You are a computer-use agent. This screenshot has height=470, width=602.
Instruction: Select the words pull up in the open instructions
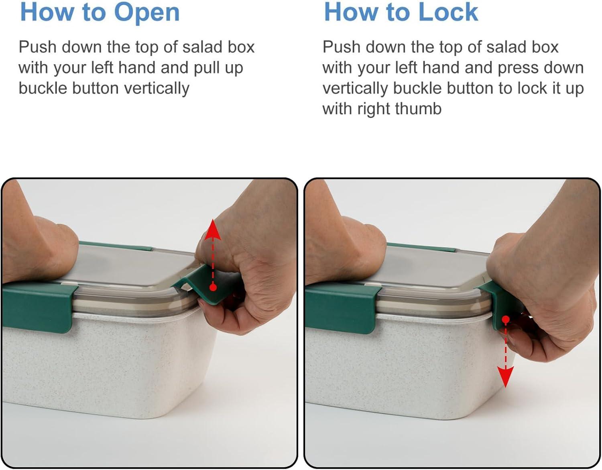coord(218,68)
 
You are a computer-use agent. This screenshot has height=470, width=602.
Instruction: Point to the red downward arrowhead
coord(505,377)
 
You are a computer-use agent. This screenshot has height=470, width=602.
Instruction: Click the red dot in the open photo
coord(213,287)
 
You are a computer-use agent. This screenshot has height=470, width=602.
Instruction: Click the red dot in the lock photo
coord(506,320)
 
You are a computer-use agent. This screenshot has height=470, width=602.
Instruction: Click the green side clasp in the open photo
coord(39,307)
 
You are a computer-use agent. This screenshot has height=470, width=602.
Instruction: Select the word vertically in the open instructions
coord(157,88)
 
